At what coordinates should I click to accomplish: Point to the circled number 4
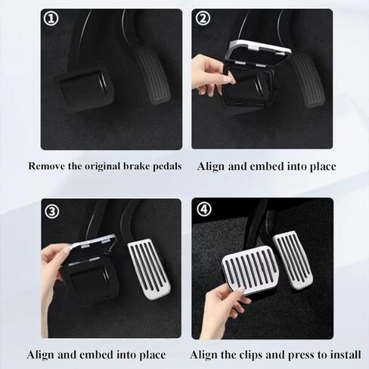[203, 211]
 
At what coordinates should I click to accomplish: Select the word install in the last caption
[339, 355]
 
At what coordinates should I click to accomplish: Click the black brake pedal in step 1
[83, 89]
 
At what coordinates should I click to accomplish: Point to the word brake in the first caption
[132, 166]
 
